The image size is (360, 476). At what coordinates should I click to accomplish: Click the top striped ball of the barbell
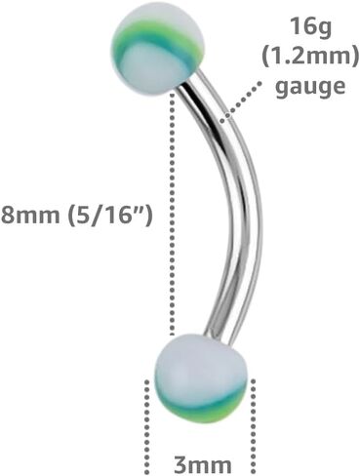158,52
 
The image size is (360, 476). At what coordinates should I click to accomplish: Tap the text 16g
311,28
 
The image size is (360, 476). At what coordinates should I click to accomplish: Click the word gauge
310,87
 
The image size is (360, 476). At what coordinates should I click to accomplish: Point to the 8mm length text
30,215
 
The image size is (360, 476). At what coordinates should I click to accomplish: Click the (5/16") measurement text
109,215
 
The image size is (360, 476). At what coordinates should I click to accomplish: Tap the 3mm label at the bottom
203,465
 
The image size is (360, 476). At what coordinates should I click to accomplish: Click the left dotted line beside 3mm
146,427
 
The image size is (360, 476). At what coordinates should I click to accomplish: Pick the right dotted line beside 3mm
253,427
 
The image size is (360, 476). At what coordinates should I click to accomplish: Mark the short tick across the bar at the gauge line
227,119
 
